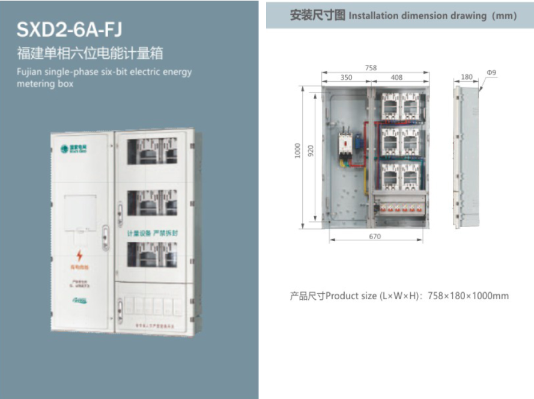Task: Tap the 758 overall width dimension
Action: point(371,69)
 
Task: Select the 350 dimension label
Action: point(347,78)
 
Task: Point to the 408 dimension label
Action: point(396,78)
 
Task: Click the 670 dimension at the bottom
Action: point(375,237)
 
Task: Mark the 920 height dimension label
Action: point(311,150)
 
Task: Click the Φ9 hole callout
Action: point(491,73)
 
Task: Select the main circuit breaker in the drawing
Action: point(345,143)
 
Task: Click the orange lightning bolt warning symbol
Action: point(79,256)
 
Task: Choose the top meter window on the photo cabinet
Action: point(154,151)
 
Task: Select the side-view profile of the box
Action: point(468,156)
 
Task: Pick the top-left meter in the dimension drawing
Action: point(390,105)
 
